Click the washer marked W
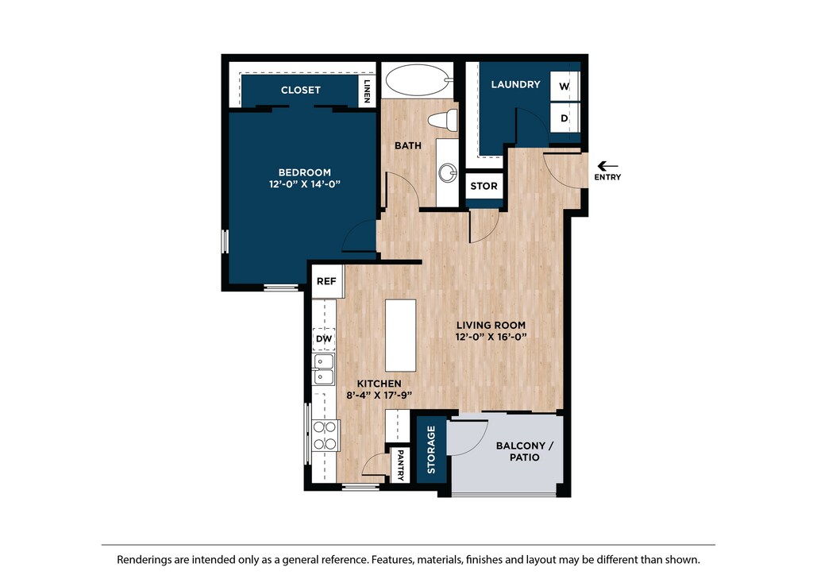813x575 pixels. tap(564, 86)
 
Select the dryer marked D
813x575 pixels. tap(564, 118)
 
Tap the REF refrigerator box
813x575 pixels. tap(326, 281)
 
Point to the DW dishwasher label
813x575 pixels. tap(324, 339)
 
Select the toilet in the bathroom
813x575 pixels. tap(442, 120)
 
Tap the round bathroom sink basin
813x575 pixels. tap(448, 172)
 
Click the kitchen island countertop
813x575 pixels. tap(401, 335)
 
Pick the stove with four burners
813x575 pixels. tap(326, 435)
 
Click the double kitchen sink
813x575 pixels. tap(324, 369)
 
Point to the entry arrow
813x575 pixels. tap(607, 167)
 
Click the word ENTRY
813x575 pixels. tap(607, 177)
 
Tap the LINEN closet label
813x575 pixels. tap(367, 91)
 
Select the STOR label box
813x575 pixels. tap(484, 186)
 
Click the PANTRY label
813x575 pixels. tap(400, 465)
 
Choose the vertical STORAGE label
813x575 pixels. tap(431, 450)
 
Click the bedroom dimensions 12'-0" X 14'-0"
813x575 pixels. tap(304, 184)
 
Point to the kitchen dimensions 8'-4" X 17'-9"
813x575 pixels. tap(379, 395)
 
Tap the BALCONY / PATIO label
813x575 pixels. tap(525, 452)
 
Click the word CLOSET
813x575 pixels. tap(301, 91)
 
